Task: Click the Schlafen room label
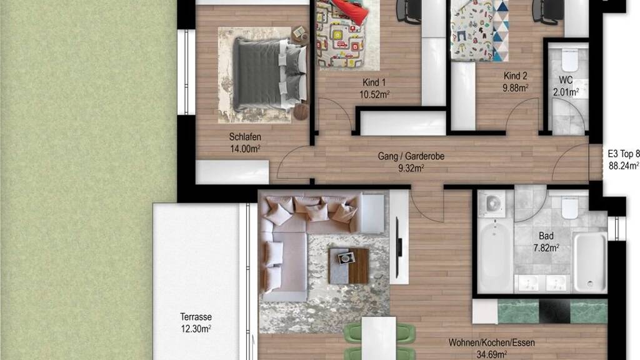(x=245, y=137)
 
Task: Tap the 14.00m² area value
(x=245, y=149)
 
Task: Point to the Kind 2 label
(x=515, y=76)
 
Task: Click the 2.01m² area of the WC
(x=566, y=92)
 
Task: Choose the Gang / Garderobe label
(x=411, y=156)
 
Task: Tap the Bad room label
(x=546, y=236)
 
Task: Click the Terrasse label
(x=196, y=317)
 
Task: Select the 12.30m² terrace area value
(x=196, y=329)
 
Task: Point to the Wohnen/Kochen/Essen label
(x=491, y=342)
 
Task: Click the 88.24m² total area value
(x=624, y=166)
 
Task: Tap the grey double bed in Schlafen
(x=269, y=74)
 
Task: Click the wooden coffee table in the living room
(x=349, y=266)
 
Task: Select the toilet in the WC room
(x=569, y=60)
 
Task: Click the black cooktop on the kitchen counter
(x=555, y=311)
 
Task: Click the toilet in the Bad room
(x=570, y=207)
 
